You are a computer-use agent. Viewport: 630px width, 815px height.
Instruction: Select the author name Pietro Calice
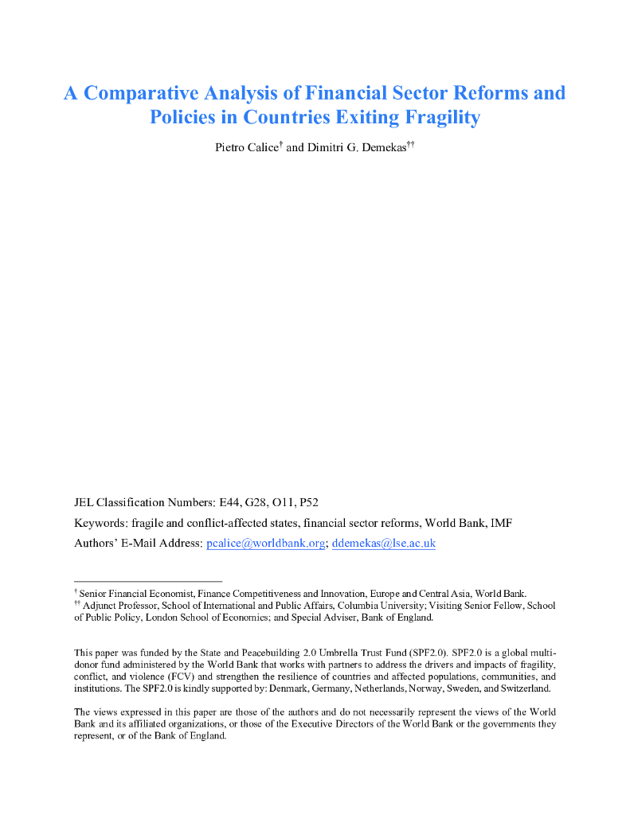[x=246, y=149]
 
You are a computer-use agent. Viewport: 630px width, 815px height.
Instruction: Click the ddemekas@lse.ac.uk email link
[x=383, y=544]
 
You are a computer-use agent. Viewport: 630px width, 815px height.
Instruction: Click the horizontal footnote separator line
[x=148, y=581]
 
